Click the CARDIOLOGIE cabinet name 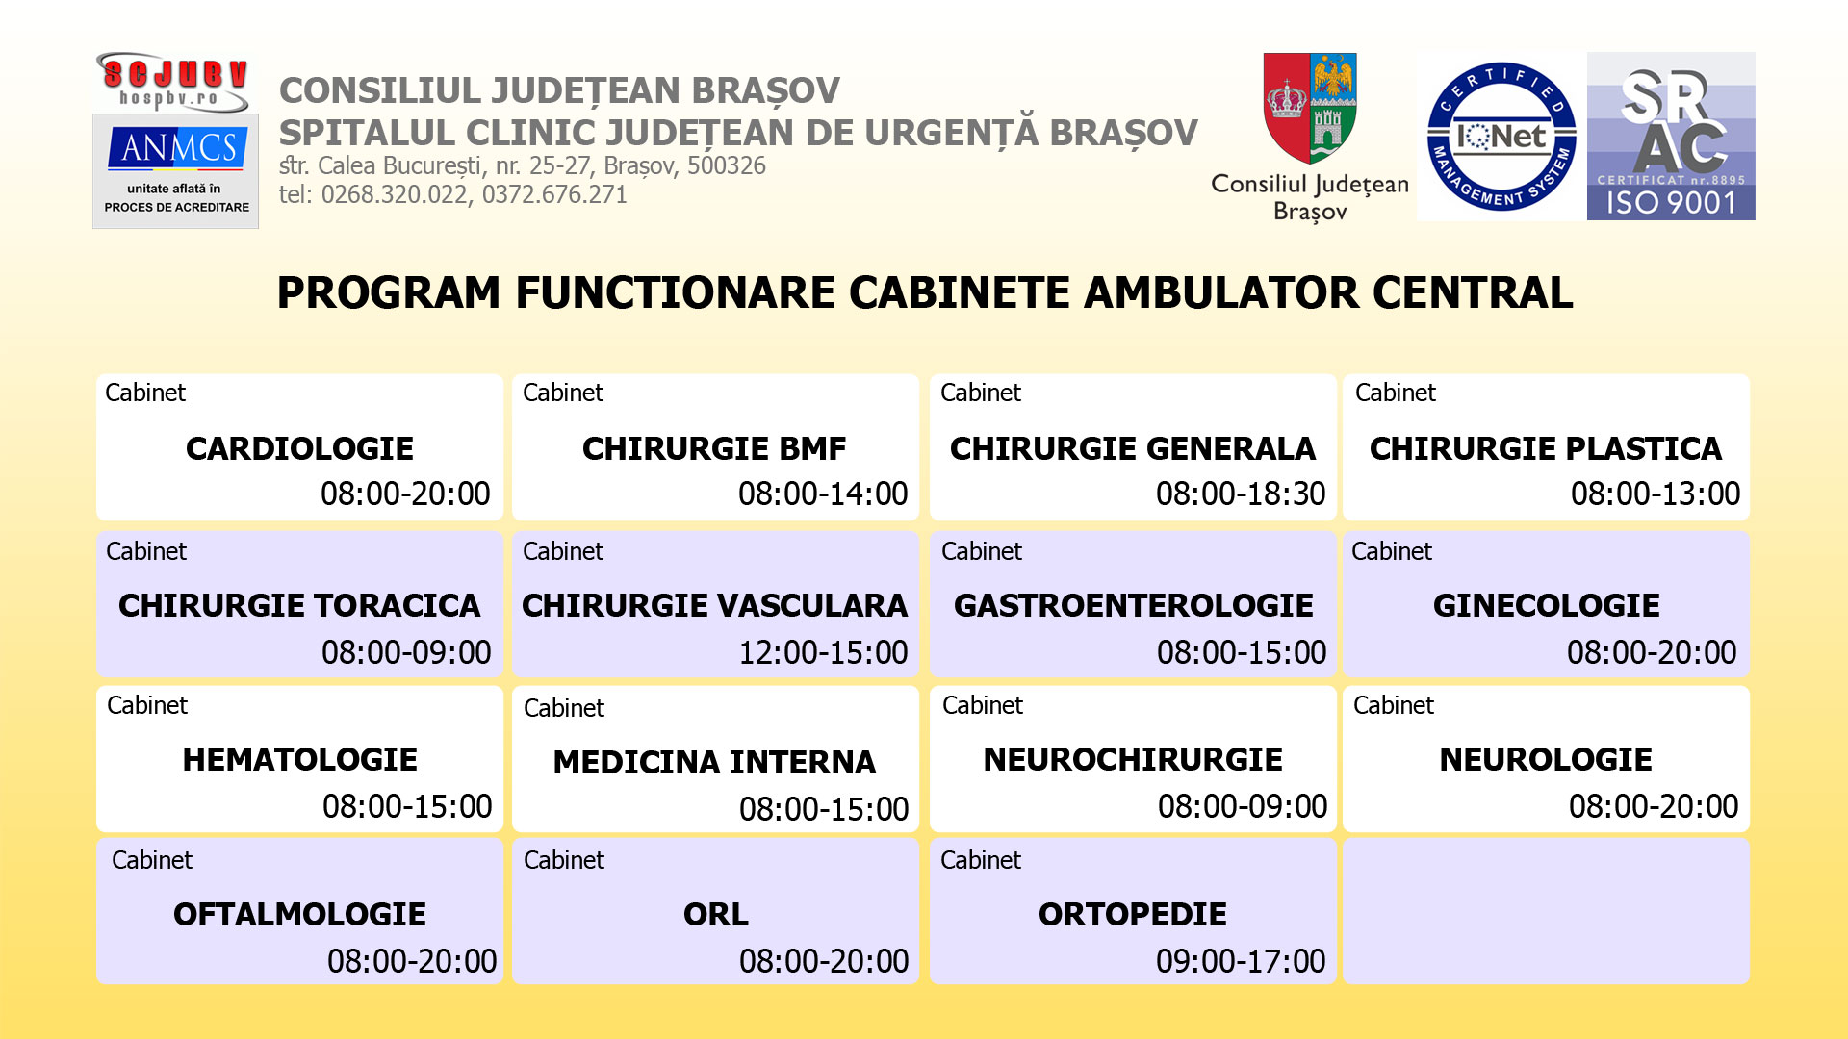point(299,448)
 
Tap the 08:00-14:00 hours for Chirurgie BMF point(823,494)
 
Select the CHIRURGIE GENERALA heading point(1133,448)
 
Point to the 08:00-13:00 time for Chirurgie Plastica point(1655,494)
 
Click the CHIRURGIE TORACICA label point(299,605)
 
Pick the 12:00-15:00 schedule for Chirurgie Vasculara point(823,652)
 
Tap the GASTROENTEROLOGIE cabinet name point(1134,605)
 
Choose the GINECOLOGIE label point(1547,605)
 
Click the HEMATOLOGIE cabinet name point(300,759)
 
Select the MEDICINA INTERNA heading point(715,762)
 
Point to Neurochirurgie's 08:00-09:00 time point(1243,806)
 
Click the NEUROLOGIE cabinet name point(1546,759)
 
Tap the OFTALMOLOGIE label point(299,914)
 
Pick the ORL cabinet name point(716,914)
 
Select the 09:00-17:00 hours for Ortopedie point(1241,961)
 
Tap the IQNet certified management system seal point(1501,137)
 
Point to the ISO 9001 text point(1671,203)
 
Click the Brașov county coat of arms point(1310,108)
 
